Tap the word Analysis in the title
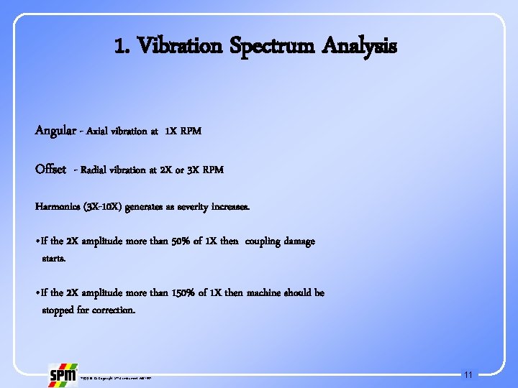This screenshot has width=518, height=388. pos(359,47)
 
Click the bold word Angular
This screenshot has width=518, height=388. pos(54,131)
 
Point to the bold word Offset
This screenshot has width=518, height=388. pos(50,170)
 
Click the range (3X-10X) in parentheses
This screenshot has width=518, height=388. pos(101,207)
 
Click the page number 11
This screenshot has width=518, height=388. pos(468,375)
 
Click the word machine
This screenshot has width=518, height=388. pos(265,293)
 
